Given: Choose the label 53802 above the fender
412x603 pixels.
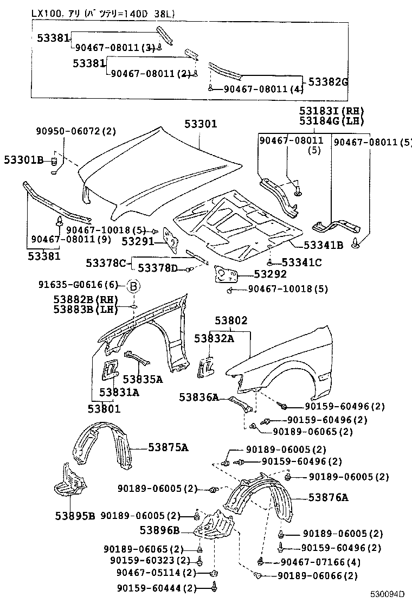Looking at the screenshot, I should (x=230, y=320).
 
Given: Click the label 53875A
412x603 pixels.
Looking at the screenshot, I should (x=168, y=447).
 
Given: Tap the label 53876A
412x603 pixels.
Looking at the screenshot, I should (x=329, y=497).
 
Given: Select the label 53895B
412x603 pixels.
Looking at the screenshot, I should (x=75, y=515).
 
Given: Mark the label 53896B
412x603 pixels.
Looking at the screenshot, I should (x=159, y=530).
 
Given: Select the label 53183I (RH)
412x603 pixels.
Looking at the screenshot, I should (x=331, y=111).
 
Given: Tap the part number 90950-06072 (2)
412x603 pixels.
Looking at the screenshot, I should (x=76, y=131).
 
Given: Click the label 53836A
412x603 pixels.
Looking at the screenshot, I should (x=199, y=397).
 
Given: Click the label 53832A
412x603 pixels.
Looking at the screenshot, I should (x=214, y=338).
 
